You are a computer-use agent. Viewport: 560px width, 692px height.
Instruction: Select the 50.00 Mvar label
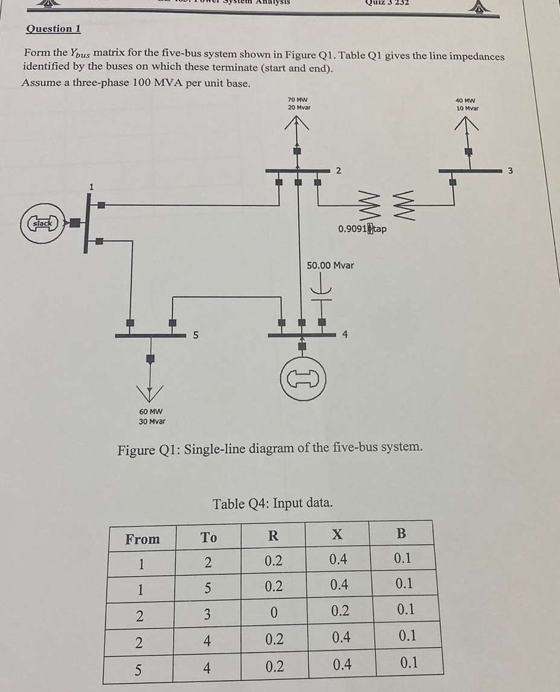(x=330, y=265)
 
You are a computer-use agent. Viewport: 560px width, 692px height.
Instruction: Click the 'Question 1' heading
(x=54, y=29)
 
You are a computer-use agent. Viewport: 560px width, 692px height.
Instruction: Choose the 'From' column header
(x=142, y=538)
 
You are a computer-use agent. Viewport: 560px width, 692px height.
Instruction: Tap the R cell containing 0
(x=273, y=613)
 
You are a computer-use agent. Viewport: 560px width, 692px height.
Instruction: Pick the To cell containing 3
(x=207, y=615)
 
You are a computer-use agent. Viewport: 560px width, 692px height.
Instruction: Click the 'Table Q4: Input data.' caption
(x=272, y=503)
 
